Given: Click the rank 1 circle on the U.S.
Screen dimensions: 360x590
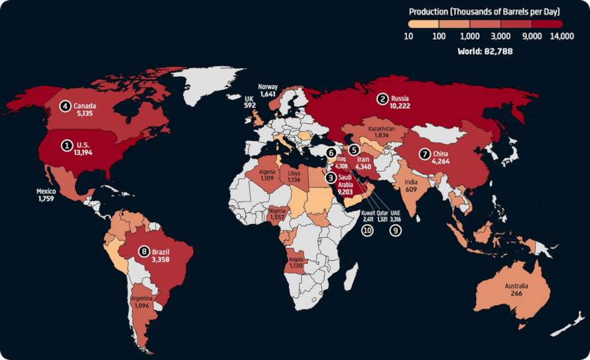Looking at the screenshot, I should coord(66,144).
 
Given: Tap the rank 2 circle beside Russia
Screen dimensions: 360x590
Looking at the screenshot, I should coord(383,99).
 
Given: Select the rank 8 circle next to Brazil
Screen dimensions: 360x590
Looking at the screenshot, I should coord(144,251).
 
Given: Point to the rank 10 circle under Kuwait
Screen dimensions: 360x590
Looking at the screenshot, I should coord(367,230).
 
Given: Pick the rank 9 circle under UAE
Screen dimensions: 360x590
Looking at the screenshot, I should coord(396,230).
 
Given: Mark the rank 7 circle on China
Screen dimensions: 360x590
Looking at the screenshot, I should coord(424,154).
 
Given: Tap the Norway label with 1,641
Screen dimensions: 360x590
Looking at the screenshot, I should coord(268,91).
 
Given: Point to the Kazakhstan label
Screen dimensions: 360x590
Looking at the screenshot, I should coord(381,131).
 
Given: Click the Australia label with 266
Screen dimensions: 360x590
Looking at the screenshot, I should coord(516,290).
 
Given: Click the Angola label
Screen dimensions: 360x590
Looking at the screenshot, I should coord(295,262).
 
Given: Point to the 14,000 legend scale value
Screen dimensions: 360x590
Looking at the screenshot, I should coord(561,36).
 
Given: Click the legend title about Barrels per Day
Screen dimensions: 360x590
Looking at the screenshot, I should coord(485,11).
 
